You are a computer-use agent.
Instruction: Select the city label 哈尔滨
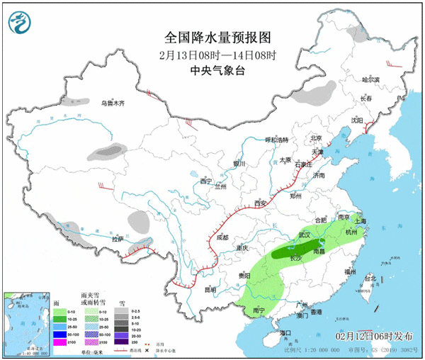(x=370, y=80)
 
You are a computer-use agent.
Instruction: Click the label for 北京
(x=316, y=138)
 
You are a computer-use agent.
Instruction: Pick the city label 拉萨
(x=118, y=240)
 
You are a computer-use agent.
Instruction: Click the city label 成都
(x=223, y=237)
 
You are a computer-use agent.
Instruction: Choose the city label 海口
(x=285, y=332)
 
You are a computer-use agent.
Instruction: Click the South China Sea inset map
(x=27, y=323)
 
